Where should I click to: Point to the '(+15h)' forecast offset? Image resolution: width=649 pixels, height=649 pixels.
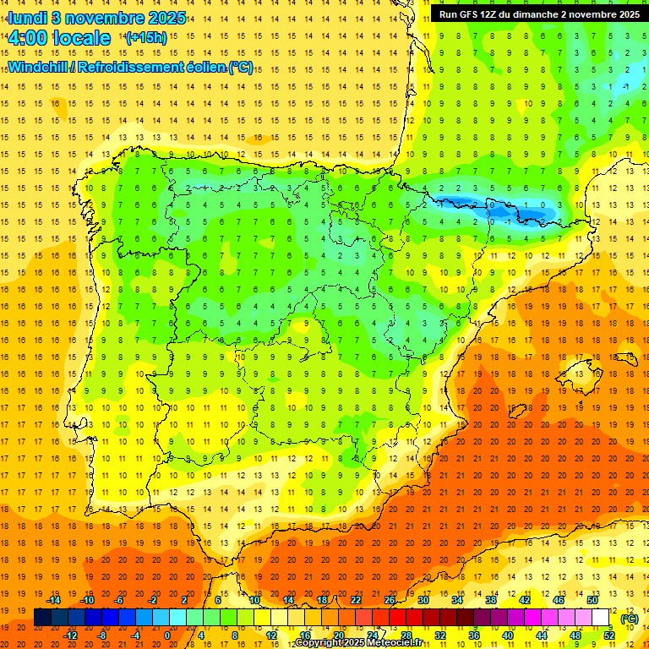(145, 38)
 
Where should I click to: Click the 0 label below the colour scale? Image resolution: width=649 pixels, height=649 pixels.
(166, 635)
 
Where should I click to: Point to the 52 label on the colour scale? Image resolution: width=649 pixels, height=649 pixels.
(609, 635)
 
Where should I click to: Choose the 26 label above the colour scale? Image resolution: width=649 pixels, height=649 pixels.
(390, 599)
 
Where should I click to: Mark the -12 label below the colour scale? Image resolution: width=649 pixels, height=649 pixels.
(70, 635)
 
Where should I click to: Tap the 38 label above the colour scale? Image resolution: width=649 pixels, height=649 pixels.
(491, 599)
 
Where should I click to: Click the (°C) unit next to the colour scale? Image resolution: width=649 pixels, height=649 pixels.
(629, 619)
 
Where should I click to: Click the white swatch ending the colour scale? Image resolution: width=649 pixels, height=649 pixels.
(601, 618)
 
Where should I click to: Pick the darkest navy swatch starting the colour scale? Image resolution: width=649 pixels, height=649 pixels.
(42, 618)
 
